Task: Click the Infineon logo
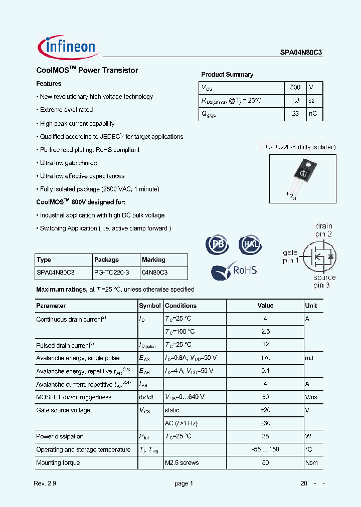tap(69, 47)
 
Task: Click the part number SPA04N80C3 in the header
tap(301, 51)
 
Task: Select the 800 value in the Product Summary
tap(295, 87)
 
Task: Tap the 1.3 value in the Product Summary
tap(295, 101)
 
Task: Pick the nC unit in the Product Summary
tap(313, 114)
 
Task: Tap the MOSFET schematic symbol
tap(321, 257)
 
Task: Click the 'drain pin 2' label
tap(323, 230)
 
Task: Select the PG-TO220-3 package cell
tap(111, 273)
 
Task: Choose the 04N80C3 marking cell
tap(154, 273)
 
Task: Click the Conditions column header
tap(180, 306)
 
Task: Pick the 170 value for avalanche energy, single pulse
tap(265, 358)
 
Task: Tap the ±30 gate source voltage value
tap(265, 423)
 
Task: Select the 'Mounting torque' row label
tap(58, 462)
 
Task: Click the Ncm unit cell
tap(311, 462)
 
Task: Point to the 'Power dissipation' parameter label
tap(60, 436)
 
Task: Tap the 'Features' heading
tap(49, 84)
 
